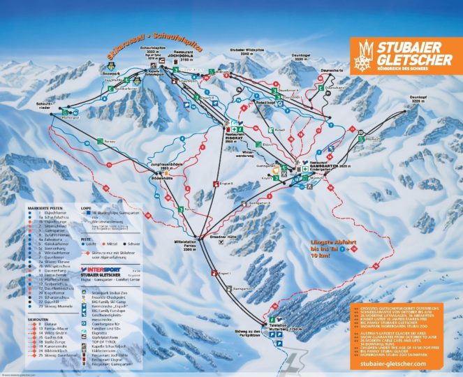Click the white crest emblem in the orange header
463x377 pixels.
click(365, 54)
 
